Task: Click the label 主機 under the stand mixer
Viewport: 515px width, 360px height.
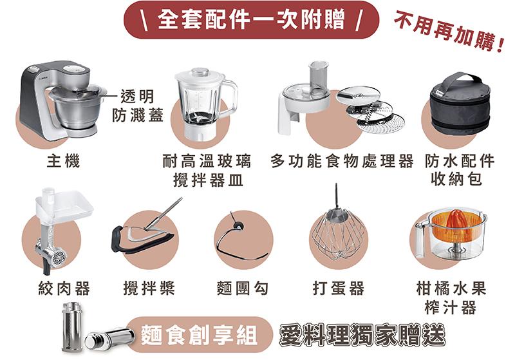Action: click(x=63, y=161)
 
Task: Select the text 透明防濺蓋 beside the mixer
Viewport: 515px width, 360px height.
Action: click(x=137, y=106)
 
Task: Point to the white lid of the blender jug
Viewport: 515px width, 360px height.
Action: click(x=200, y=76)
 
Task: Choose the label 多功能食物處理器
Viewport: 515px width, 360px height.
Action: click(x=342, y=161)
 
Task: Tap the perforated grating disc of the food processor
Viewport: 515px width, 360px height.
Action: click(x=381, y=124)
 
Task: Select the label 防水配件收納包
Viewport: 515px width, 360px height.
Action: click(x=459, y=170)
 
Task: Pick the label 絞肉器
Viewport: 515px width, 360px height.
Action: click(x=64, y=289)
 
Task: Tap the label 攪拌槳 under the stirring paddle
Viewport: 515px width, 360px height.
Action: click(x=149, y=289)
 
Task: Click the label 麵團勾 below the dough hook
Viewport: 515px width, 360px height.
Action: click(x=243, y=289)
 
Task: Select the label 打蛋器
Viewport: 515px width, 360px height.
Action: click(x=339, y=289)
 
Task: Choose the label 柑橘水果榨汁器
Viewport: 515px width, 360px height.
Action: click(x=451, y=298)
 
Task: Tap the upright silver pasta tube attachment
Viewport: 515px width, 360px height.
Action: click(x=72, y=327)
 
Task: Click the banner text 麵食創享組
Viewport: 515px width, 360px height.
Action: click(x=199, y=335)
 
